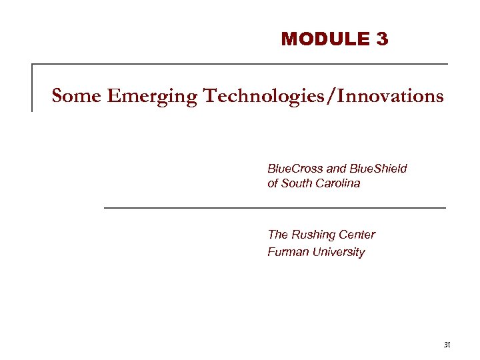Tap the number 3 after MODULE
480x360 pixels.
[x=382, y=39]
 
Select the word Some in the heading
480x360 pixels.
[x=75, y=96]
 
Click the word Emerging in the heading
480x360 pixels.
[x=151, y=97]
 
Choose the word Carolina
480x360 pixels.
[x=342, y=183]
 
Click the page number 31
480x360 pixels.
[x=447, y=345]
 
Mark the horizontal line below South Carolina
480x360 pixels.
[x=275, y=208]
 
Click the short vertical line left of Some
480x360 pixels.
[x=33, y=87]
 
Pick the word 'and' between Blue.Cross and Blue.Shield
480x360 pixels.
[x=337, y=168]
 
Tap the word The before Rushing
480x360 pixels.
[x=277, y=235]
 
